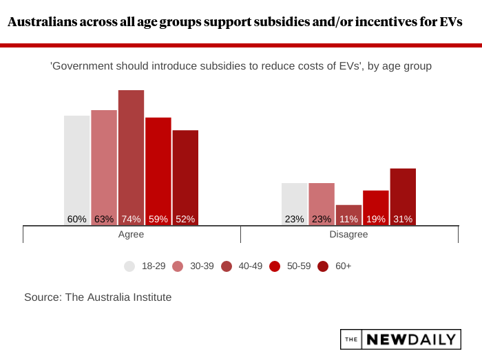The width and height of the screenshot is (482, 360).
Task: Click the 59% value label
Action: [x=158, y=220]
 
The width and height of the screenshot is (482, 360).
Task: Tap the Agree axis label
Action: [x=131, y=234]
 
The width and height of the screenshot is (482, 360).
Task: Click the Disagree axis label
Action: [x=348, y=234]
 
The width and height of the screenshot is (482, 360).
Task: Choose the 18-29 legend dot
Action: [x=129, y=266]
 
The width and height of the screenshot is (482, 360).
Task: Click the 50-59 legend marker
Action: [x=275, y=266]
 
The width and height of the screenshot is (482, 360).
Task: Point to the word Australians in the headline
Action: [x=43, y=22]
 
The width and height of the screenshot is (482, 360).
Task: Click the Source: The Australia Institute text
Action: [x=98, y=297]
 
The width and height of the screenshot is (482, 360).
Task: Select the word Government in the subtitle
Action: [x=81, y=66]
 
